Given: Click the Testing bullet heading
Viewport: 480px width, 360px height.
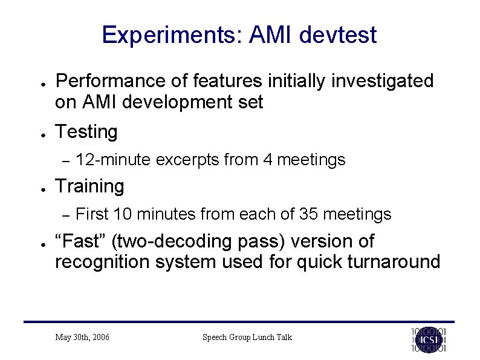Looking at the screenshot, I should (x=86, y=132).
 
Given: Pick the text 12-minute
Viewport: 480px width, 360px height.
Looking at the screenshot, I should (x=115, y=160).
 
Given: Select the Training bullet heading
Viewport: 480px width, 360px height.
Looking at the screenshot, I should (x=89, y=186).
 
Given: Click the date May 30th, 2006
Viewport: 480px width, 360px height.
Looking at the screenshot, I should (x=82, y=337).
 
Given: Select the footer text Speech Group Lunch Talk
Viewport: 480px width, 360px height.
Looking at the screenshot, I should (x=247, y=337).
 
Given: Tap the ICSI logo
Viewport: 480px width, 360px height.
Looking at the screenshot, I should (x=429, y=339).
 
